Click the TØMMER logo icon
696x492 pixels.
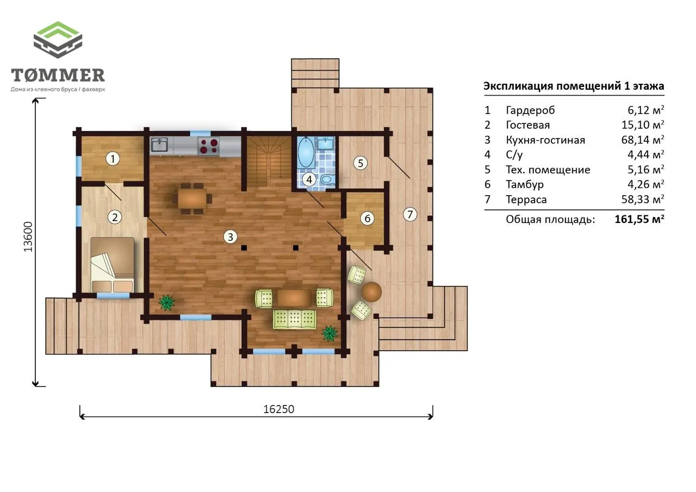click(x=58, y=40)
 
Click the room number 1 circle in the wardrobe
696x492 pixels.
click(x=113, y=159)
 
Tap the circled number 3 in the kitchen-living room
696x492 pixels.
click(x=230, y=237)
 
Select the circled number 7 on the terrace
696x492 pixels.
click(x=410, y=214)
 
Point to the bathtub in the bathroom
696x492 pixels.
click(x=306, y=152)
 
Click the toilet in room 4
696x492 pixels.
click(x=327, y=179)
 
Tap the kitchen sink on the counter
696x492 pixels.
click(x=159, y=145)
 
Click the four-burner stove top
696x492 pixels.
click(x=209, y=146)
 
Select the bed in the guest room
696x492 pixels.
click(x=113, y=265)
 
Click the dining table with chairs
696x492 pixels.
click(x=192, y=198)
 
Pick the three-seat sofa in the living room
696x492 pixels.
click(x=294, y=319)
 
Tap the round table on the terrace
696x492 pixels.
click(x=371, y=291)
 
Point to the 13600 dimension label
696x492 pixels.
click(x=28, y=236)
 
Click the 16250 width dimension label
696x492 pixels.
click(x=279, y=409)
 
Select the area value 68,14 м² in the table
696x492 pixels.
click(x=643, y=140)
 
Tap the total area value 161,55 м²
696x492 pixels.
click(x=639, y=219)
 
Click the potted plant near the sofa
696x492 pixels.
click(x=330, y=333)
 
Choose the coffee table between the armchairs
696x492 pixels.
click(x=294, y=297)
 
